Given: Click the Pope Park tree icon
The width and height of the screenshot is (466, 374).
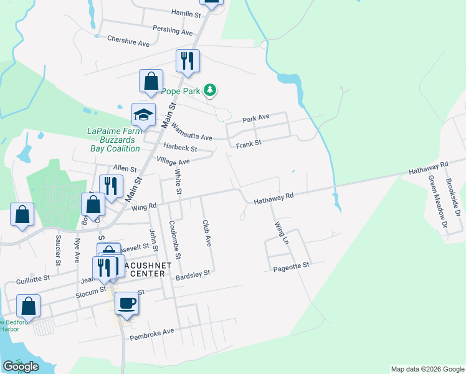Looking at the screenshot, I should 211,91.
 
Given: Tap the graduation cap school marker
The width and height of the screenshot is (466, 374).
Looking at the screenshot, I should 143,115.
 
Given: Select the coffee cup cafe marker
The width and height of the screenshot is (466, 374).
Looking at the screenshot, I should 126,304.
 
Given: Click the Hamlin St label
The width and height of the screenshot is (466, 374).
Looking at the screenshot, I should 186,13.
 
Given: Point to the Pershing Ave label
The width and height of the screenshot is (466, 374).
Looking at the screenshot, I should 173,30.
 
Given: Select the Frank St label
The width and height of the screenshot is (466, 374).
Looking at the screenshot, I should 249,144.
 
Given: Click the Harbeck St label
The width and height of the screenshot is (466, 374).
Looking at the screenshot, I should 180,148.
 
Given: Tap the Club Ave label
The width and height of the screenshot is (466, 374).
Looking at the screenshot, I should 207,233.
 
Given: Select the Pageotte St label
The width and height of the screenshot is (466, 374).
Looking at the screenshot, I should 291,266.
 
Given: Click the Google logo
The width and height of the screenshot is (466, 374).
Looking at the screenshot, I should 21,366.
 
